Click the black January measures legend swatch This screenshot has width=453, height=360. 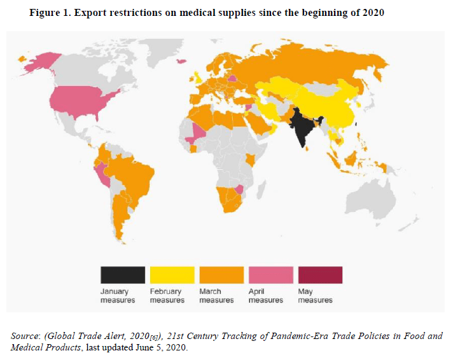coord(122,275)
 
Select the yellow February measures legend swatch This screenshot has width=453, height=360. coord(172,275)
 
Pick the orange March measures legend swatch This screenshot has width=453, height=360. coord(221,275)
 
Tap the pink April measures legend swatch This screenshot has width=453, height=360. coord(270,275)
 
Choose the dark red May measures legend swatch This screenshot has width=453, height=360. coord(319,275)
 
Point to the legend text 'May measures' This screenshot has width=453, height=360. coord(315,296)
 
